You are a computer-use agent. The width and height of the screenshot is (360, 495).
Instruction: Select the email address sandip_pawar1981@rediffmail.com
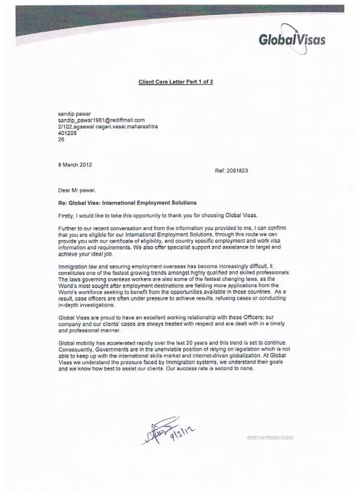(101, 120)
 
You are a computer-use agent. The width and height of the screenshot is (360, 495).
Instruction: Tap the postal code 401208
(66, 133)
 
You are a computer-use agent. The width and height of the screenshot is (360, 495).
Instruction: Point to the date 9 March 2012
(75, 165)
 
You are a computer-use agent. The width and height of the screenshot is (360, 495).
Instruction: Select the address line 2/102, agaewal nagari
(108, 127)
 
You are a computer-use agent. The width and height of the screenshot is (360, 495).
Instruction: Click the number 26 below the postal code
(61, 140)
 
